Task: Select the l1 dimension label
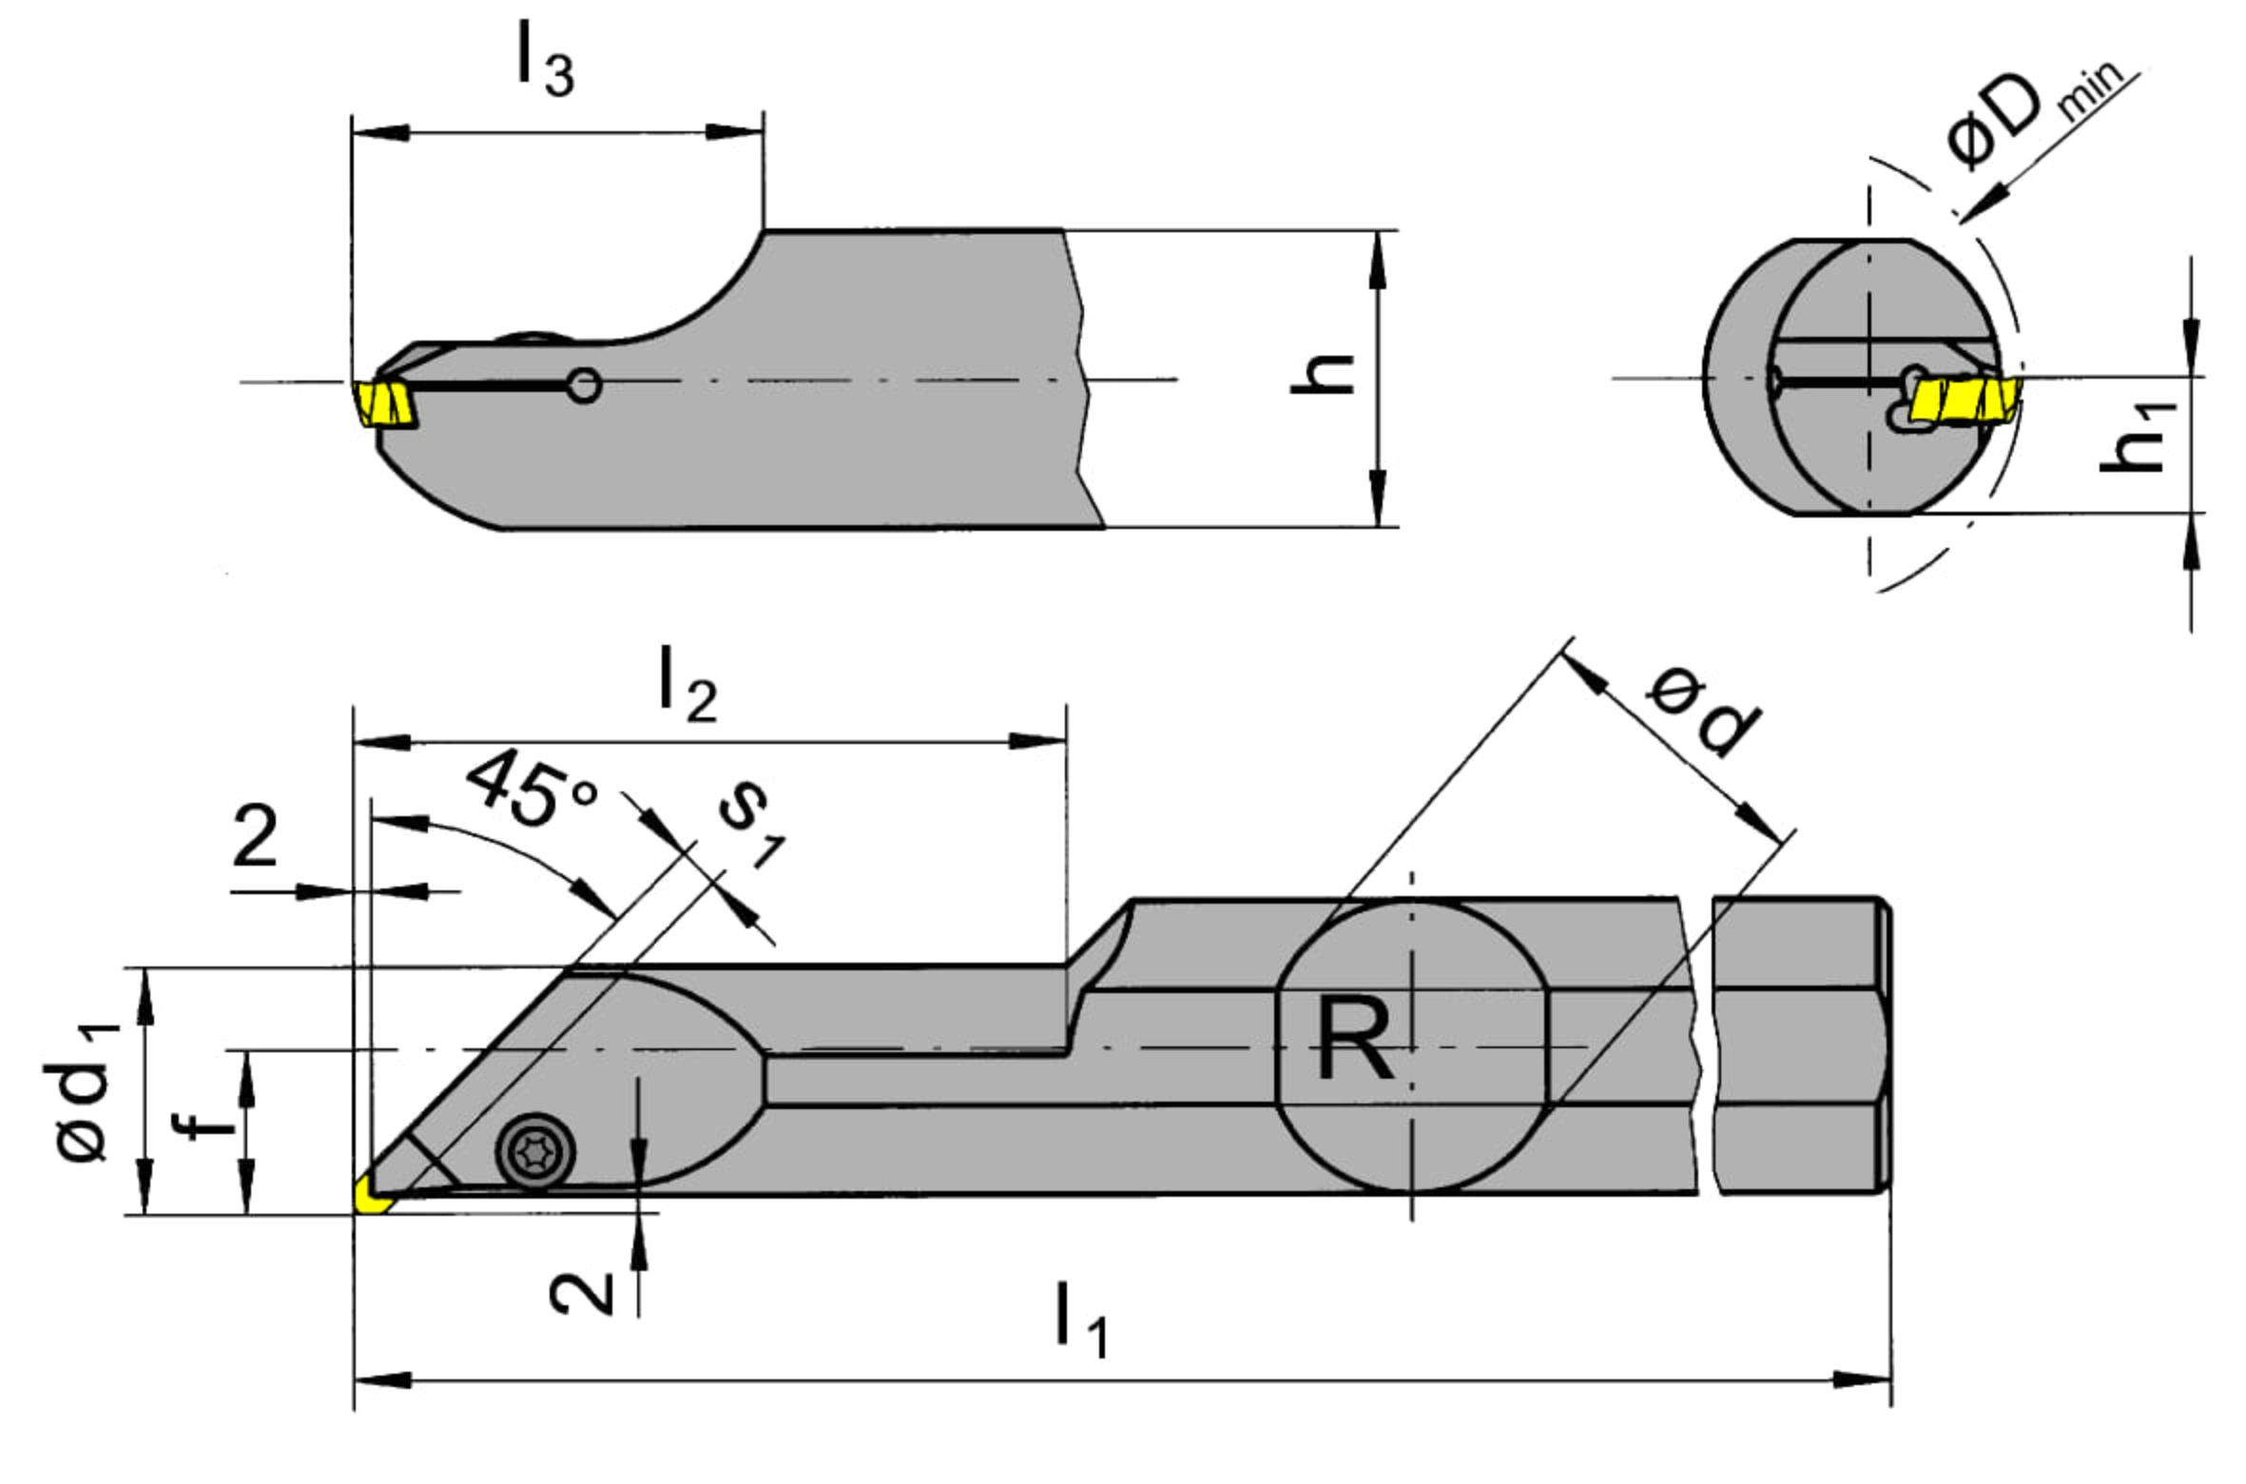pyautogui.click(x=1082, y=1320)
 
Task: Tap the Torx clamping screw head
pyautogui.click(x=535, y=1152)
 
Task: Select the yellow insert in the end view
pyautogui.click(x=1965, y=400)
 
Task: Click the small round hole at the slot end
pyautogui.click(x=583, y=385)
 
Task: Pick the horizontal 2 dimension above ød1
pyautogui.click(x=255, y=835)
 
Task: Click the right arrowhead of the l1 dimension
pyautogui.click(x=1862, y=1379)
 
